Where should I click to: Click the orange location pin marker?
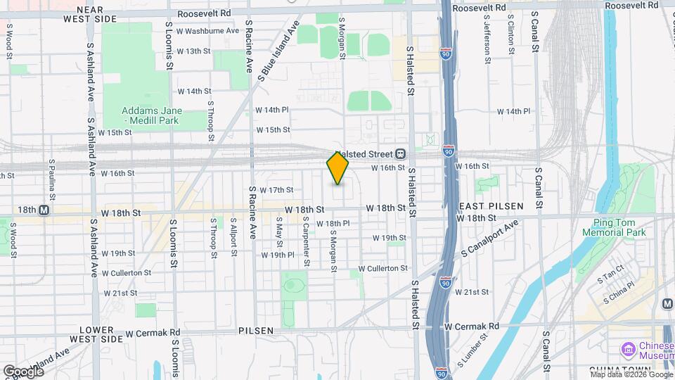coord(337,169)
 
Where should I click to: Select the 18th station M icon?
coord(44,210)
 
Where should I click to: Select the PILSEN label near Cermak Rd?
coord(255,330)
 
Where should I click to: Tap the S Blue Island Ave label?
coord(278,51)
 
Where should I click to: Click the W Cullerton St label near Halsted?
coord(382,268)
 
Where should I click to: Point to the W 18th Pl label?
coord(333,224)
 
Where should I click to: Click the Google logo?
coord(22,371)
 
